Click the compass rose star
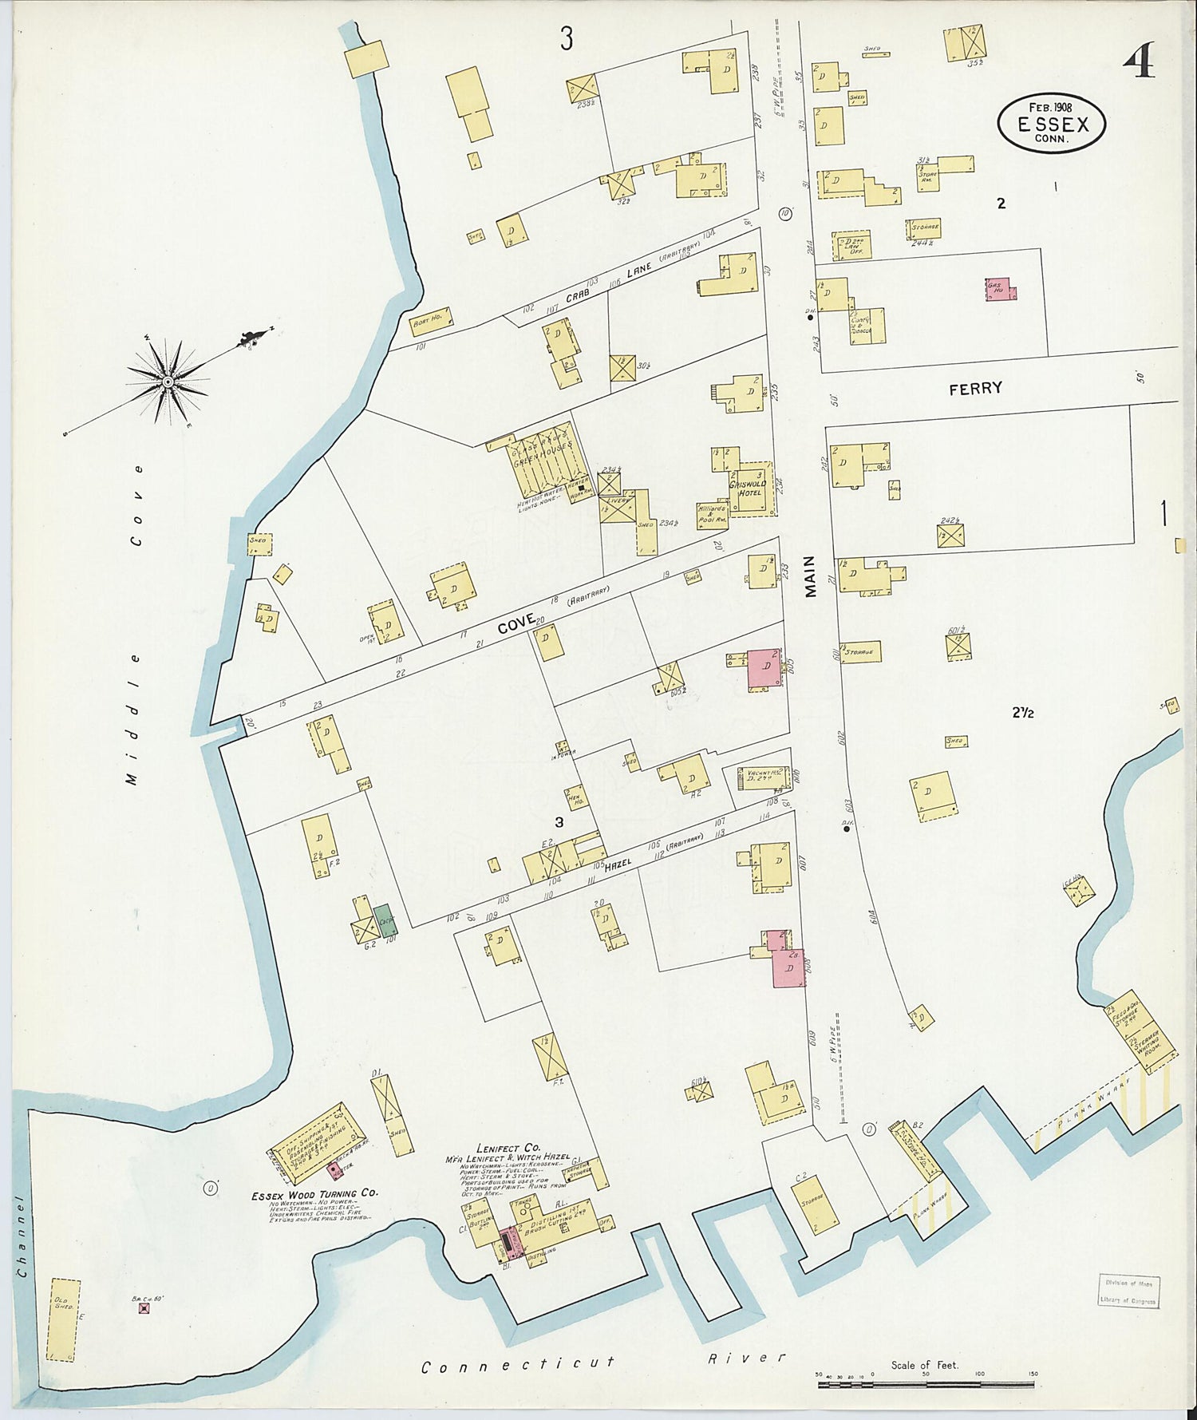click(x=168, y=382)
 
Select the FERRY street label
click(x=975, y=389)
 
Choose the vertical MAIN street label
click(x=812, y=576)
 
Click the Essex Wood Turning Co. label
click(x=314, y=1194)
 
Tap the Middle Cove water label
click(x=136, y=631)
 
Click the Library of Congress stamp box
click(x=1128, y=1291)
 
